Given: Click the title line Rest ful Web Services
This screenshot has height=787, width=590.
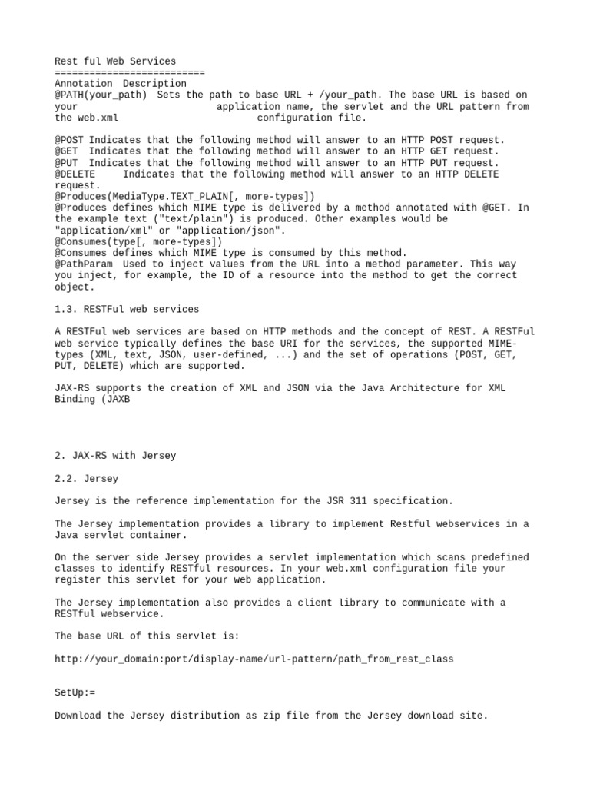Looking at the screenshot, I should click(115, 61).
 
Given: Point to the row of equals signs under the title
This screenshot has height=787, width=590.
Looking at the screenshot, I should click(130, 72).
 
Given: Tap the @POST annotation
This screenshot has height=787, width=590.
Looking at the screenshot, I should click(69, 141).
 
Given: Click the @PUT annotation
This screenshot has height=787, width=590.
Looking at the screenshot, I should click(66, 163).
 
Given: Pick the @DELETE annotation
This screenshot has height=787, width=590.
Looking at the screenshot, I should click(75, 174).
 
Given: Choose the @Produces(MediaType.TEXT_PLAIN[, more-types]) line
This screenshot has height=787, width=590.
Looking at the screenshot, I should click(184, 197).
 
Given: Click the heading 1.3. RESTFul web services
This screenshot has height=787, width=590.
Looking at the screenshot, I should click(127, 310).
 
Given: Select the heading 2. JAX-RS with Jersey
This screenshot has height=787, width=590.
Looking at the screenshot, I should click(115, 456).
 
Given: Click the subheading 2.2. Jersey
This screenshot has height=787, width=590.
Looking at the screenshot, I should click(87, 479).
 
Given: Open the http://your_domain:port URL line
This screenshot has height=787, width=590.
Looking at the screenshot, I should click(254, 659).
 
